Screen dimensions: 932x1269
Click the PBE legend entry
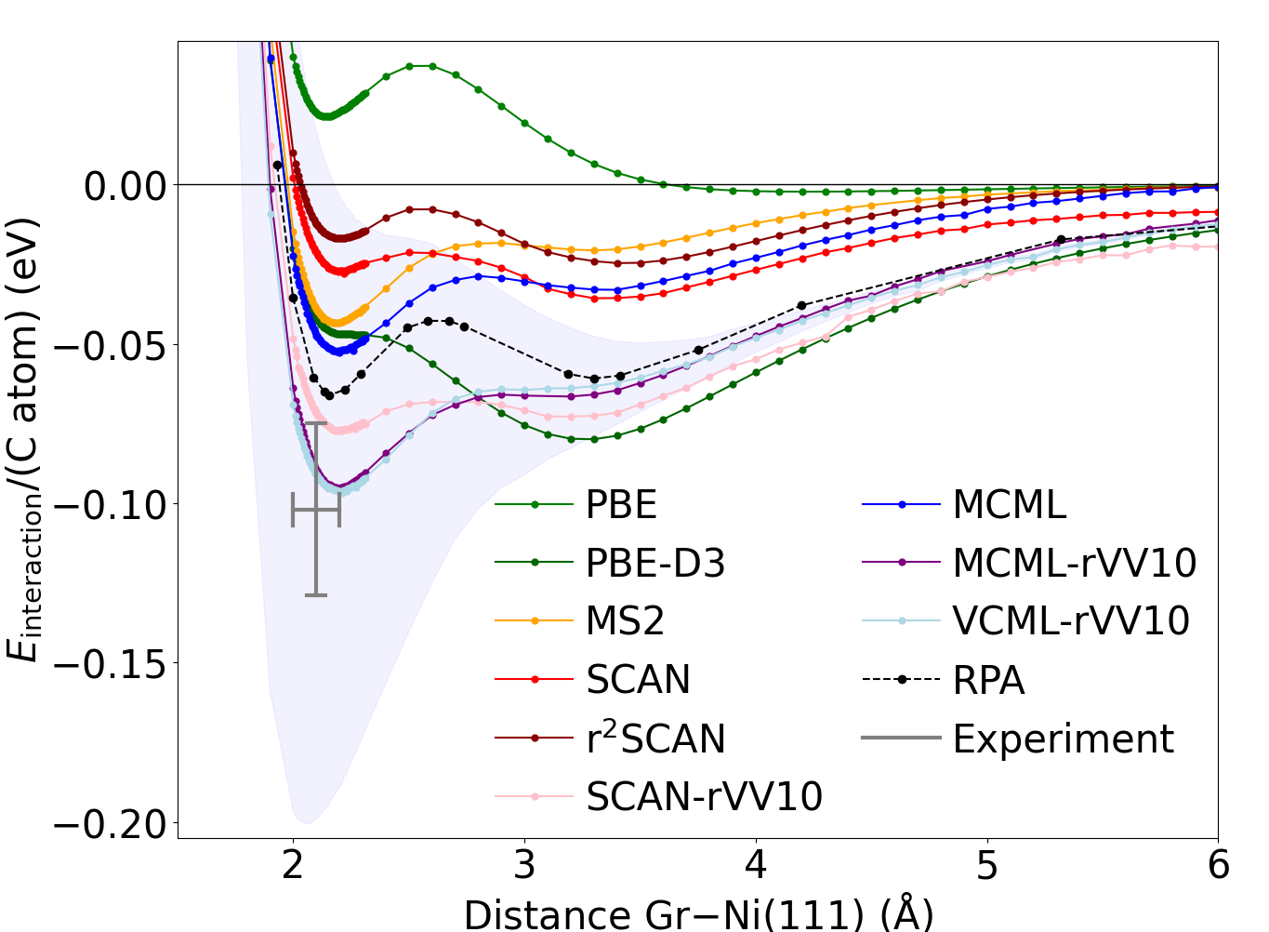point(621,505)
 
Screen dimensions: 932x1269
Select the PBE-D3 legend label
point(654,564)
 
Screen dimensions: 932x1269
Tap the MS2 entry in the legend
point(625,621)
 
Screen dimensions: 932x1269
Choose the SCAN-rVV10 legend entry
point(704,797)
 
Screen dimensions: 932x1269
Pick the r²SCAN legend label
point(654,739)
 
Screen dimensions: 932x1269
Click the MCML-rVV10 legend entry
point(1074,564)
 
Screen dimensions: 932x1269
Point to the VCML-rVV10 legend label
point(1070,621)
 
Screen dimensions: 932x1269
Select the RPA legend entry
point(988,681)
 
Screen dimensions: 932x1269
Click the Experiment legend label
point(1063,739)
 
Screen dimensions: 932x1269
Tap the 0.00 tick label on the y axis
point(125,186)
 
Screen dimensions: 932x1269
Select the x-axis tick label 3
point(524,866)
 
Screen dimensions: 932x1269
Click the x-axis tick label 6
point(1218,866)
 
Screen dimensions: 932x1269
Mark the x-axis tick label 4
point(756,866)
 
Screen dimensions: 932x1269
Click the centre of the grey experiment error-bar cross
point(316,510)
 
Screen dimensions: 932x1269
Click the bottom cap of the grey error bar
point(316,594)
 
